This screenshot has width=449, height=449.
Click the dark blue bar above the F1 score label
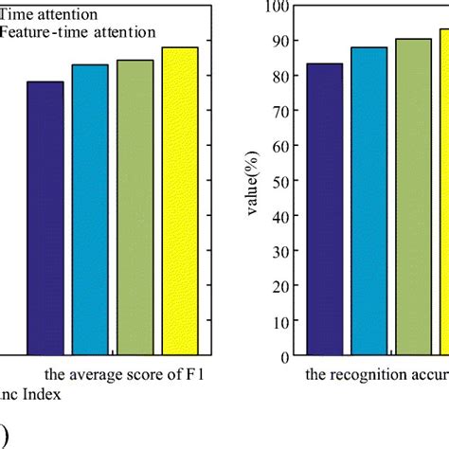click(45, 218)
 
